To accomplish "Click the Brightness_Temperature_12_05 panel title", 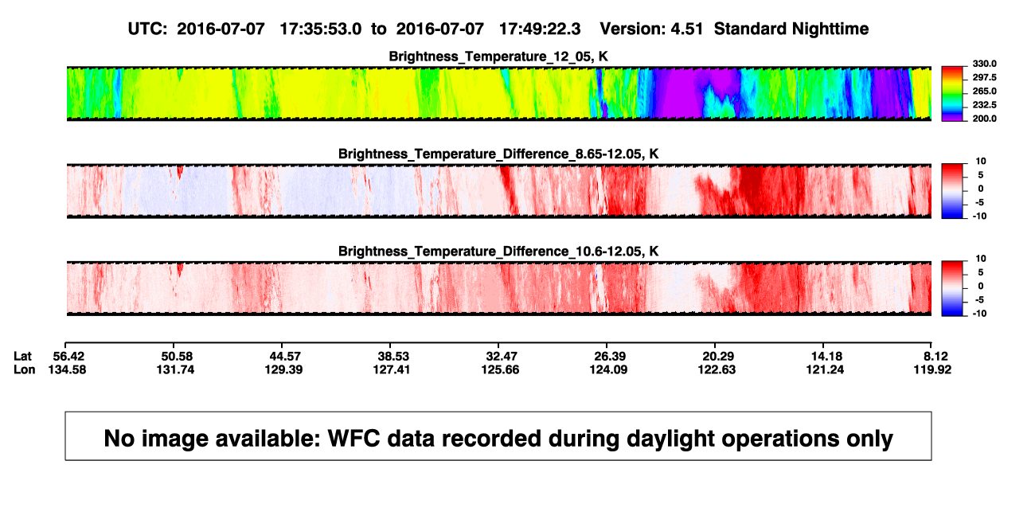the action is [498, 57].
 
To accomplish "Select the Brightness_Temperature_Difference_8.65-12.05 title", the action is [498, 154].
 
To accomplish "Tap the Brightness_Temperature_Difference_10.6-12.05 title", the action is [498, 252].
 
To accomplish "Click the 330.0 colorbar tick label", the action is [984, 64].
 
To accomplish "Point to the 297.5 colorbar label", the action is [984, 77].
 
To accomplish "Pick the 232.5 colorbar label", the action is [984, 105].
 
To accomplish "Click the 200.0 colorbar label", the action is [984, 119].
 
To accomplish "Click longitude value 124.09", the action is [608, 369].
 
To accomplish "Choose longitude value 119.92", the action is [932, 369].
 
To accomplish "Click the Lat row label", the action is [22, 357].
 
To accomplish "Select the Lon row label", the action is [24, 369].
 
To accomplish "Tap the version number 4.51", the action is [687, 29].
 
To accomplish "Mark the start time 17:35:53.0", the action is [321, 29].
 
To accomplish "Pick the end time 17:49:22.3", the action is [540, 29].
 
